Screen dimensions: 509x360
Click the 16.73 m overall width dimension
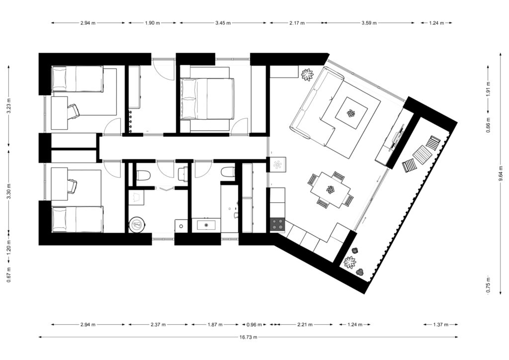click(x=249, y=337)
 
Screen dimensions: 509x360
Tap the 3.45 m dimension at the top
click(x=223, y=23)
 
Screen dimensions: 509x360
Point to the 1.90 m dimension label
click(x=152, y=23)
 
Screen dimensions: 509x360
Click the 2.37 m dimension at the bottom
click(x=158, y=324)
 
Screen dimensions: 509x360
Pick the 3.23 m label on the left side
click(x=9, y=106)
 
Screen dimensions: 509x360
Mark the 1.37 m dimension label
click(x=440, y=324)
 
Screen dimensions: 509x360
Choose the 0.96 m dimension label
click(x=254, y=324)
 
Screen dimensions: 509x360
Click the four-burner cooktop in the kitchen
click(x=277, y=223)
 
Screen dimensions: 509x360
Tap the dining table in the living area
click(x=331, y=189)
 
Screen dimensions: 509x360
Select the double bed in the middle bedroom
click(x=207, y=98)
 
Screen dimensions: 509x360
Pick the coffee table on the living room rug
click(x=351, y=113)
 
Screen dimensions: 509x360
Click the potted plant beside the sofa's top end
click(x=307, y=75)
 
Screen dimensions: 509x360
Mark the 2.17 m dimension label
click(x=297, y=23)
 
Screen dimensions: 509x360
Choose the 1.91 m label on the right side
click(x=488, y=87)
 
